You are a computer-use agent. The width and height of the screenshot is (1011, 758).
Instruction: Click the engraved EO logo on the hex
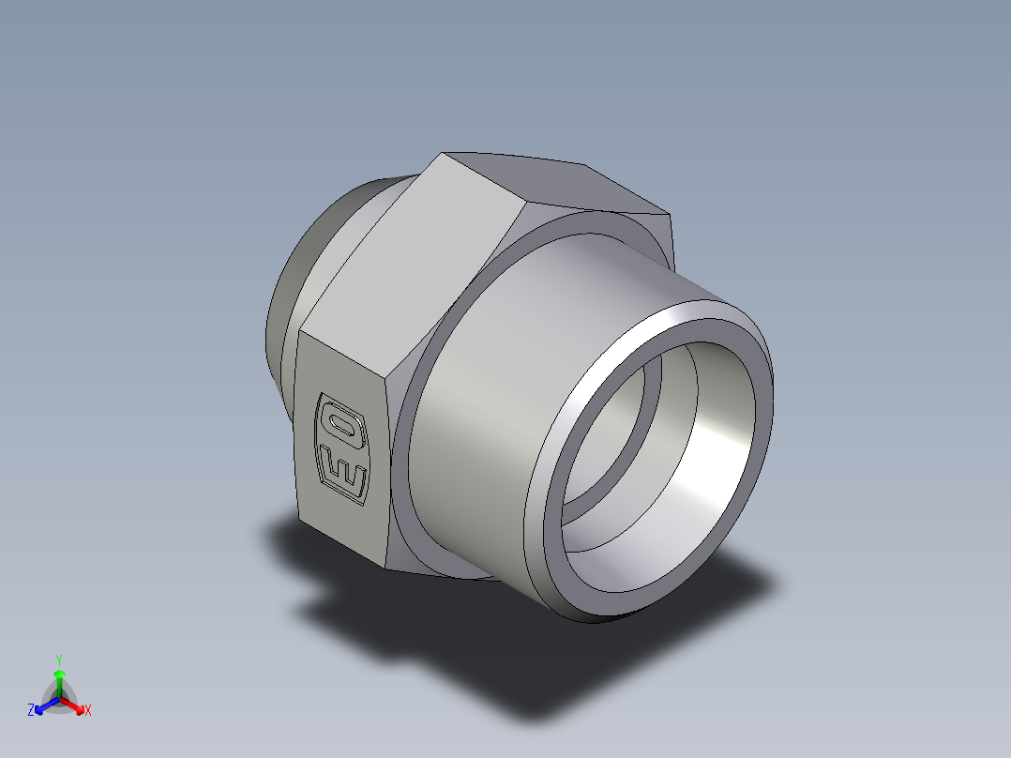click(342, 447)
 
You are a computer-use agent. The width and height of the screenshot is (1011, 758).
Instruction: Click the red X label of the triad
click(88, 711)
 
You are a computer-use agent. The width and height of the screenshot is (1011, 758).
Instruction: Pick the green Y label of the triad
click(59, 659)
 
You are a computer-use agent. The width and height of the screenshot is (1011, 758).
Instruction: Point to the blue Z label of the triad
click(31, 710)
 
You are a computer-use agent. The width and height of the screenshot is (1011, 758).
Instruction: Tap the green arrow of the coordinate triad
click(59, 679)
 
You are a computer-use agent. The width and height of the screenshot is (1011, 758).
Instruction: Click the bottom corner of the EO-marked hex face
click(386, 567)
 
